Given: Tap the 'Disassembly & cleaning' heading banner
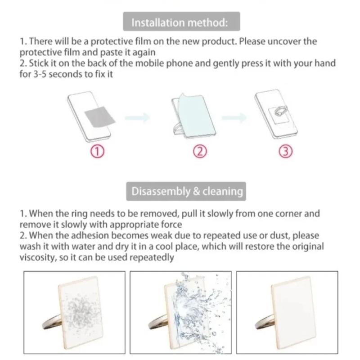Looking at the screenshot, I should [187, 191].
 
